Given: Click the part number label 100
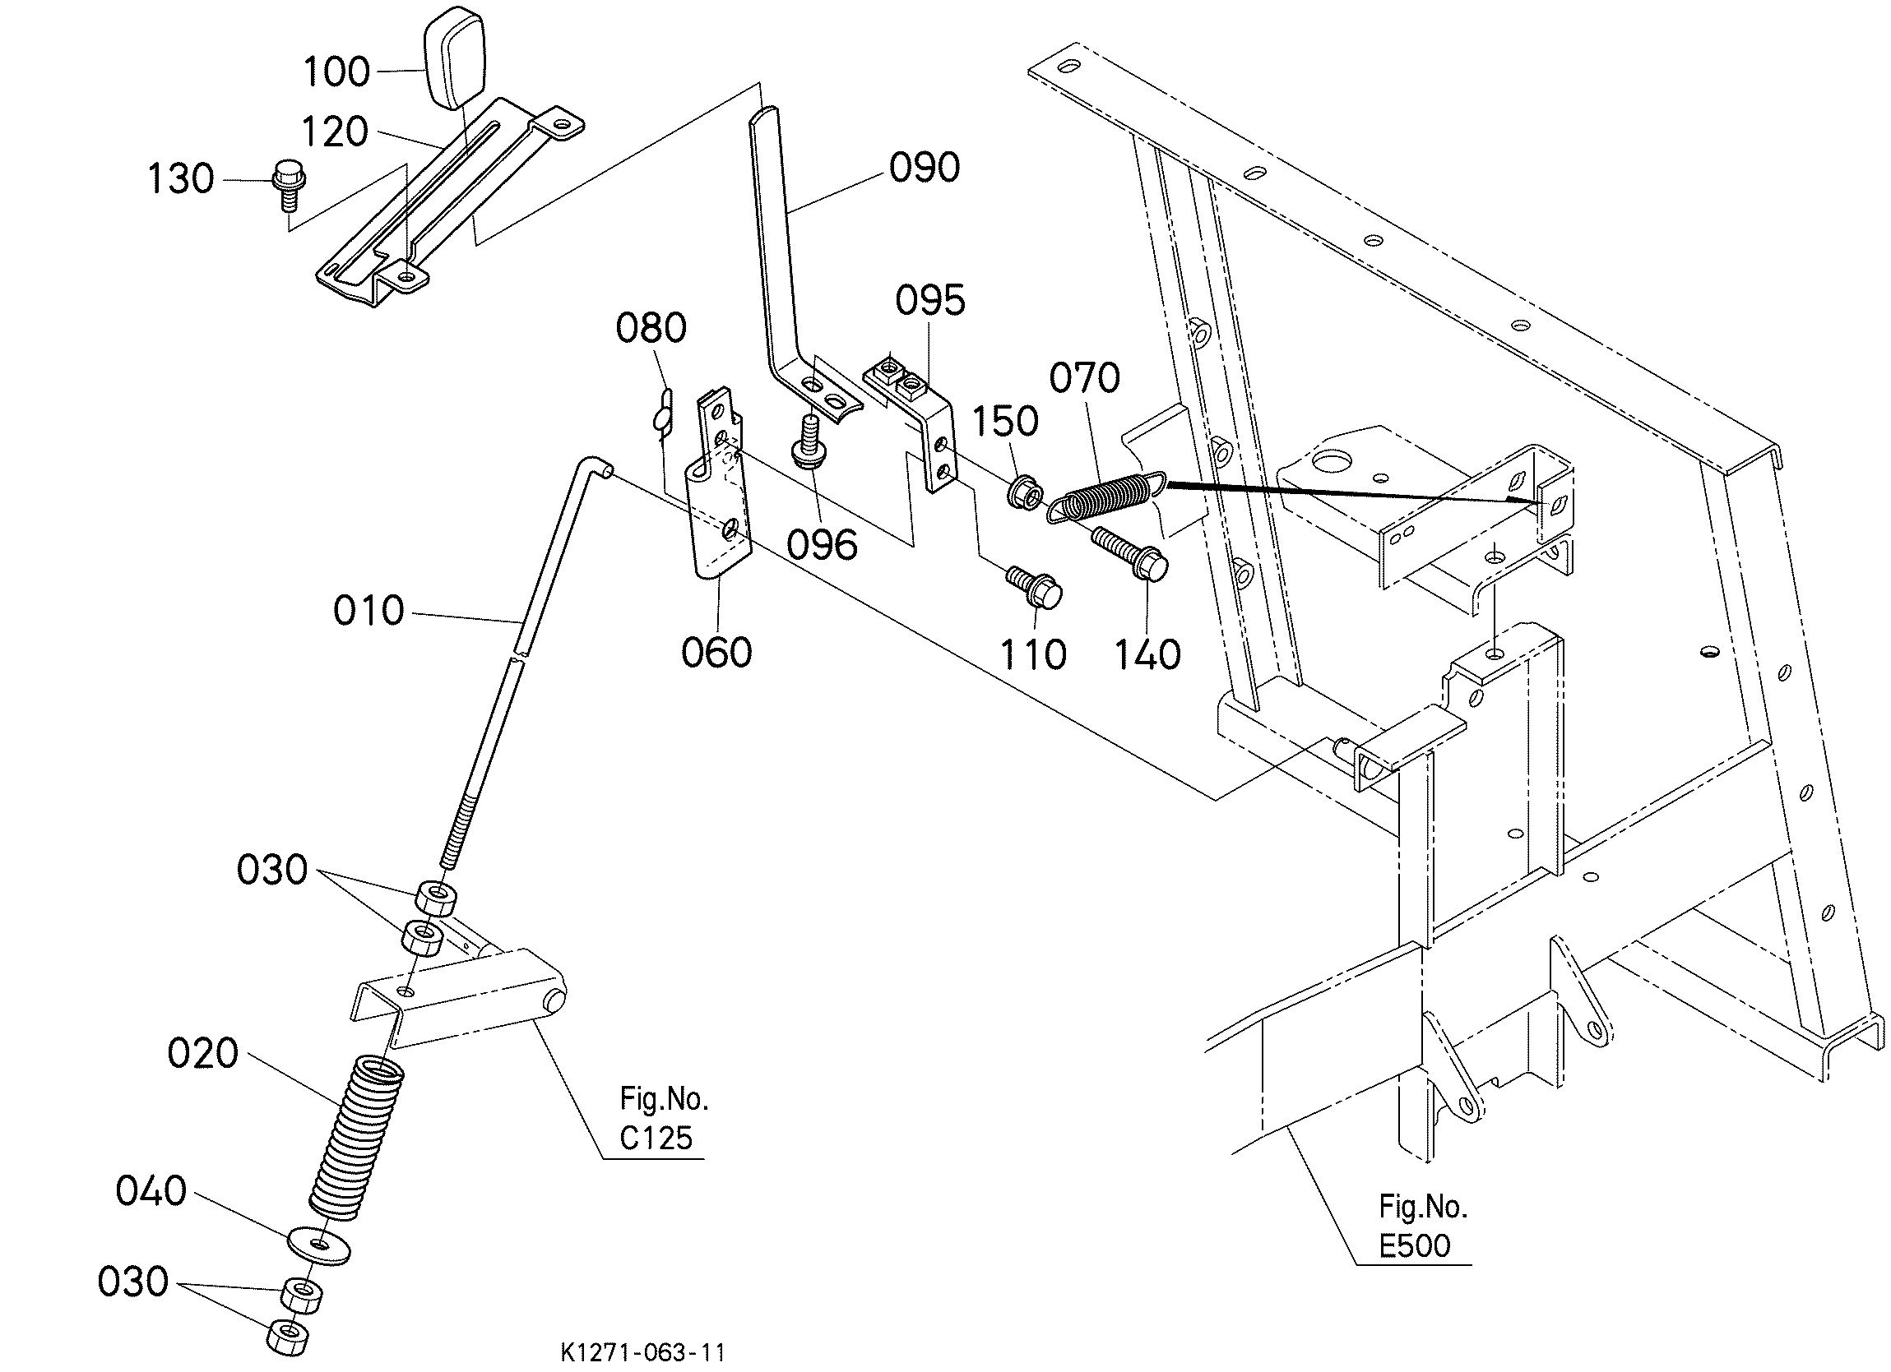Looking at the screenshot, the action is (337, 72).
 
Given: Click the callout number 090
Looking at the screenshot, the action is (925, 168).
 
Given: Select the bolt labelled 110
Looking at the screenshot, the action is (1035, 588).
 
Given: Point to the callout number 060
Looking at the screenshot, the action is (717, 652).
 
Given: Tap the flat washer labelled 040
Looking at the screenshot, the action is (319, 1245).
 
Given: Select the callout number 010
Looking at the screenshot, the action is (368, 611).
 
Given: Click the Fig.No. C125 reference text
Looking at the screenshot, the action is (664, 1119).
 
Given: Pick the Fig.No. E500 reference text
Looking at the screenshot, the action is (1422, 1226).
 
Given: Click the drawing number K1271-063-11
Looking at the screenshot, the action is (643, 1352).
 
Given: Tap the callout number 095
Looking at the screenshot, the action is (930, 301).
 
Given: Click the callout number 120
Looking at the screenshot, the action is (334, 132).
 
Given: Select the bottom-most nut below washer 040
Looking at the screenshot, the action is (285, 1338).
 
